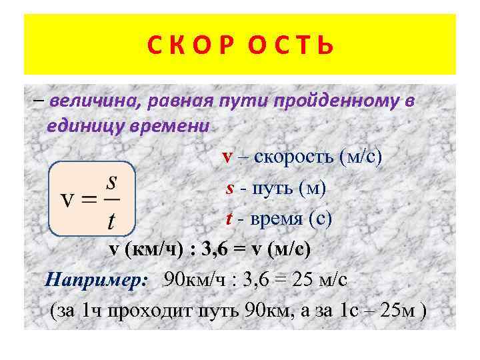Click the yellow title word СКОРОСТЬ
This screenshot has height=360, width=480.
239,46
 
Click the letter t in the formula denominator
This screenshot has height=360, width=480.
111,219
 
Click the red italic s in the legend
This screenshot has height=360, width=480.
229,189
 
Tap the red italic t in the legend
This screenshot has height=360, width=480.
226,219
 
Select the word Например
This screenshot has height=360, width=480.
96,279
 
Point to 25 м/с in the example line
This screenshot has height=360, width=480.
320,279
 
